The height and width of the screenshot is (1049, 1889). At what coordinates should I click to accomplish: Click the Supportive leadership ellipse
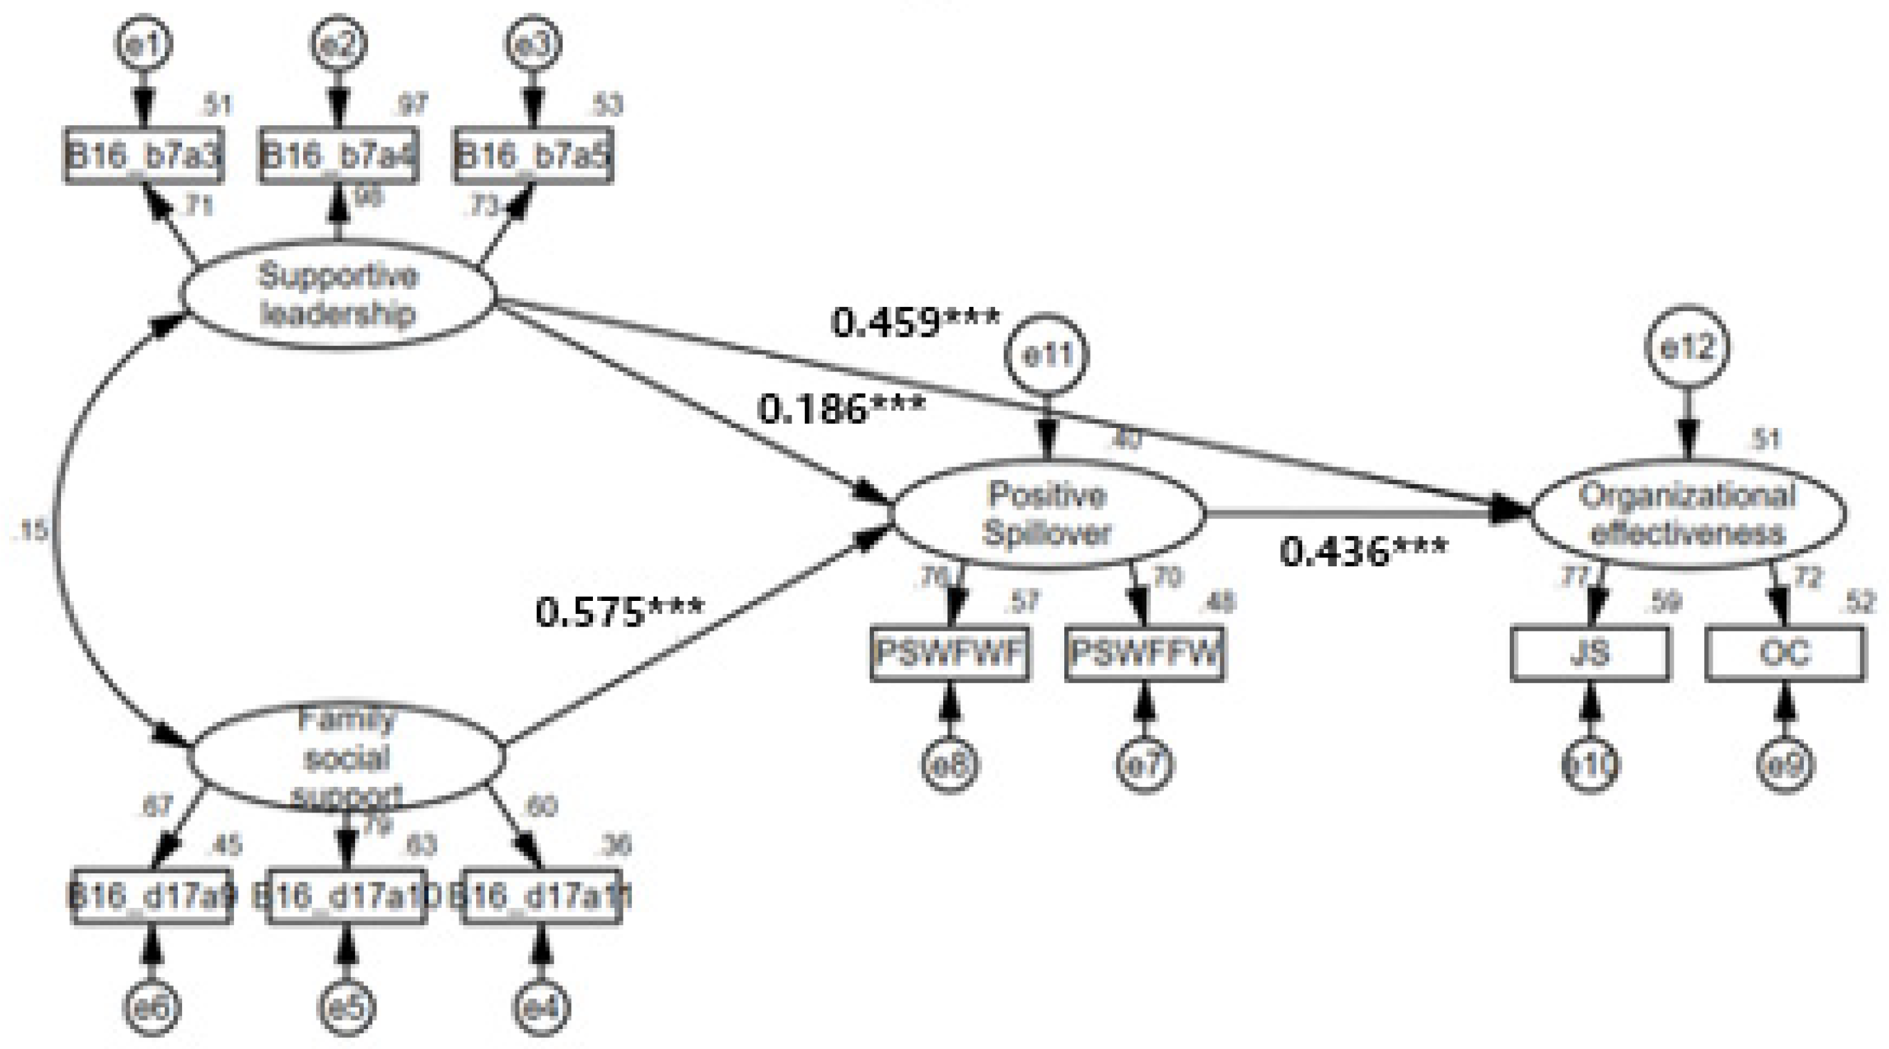click(x=338, y=295)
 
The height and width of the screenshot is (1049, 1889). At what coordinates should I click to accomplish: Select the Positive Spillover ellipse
click(x=1048, y=514)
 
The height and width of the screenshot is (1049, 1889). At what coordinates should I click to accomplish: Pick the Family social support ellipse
click(x=347, y=756)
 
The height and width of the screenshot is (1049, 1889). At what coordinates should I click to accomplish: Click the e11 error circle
click(x=1048, y=355)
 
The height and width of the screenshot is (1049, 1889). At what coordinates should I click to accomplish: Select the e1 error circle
click(x=144, y=44)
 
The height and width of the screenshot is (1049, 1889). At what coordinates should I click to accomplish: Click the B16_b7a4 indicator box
click(x=338, y=156)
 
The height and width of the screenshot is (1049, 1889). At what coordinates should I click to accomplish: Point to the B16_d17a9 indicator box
click(x=152, y=896)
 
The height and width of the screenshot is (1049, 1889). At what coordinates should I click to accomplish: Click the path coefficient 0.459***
click(x=915, y=322)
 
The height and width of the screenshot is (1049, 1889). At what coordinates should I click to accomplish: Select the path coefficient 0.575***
click(x=620, y=611)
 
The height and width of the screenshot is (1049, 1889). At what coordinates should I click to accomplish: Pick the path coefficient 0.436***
click(x=1363, y=551)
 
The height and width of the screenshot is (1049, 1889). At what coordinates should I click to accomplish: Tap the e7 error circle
click(x=1144, y=765)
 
